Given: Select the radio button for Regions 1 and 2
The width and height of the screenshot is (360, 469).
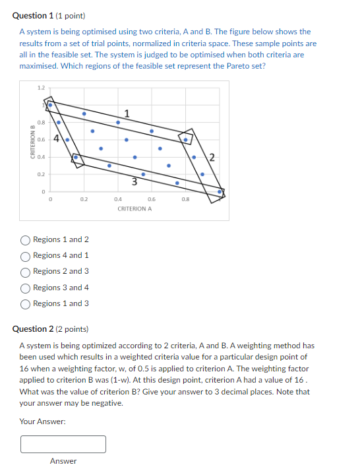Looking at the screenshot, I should pyautogui.click(x=26, y=239).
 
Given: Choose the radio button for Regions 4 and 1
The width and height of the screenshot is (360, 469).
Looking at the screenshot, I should pyautogui.click(x=26, y=255).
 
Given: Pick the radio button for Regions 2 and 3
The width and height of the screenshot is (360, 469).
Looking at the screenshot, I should pyautogui.click(x=26, y=271).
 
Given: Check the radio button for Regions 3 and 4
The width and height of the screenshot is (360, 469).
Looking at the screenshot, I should pyautogui.click(x=26, y=288).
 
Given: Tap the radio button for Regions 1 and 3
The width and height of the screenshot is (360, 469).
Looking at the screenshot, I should pyautogui.click(x=26, y=303).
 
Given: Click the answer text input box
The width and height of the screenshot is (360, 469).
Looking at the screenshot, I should pyautogui.click(x=63, y=444).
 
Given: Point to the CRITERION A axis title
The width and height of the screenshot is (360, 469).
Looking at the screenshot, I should pyautogui.click(x=135, y=208).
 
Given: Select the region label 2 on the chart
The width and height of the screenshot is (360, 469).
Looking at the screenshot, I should pyautogui.click(x=211, y=156).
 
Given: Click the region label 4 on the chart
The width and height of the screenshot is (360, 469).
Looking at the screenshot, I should pyautogui.click(x=57, y=139).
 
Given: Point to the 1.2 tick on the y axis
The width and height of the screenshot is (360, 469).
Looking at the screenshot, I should pyautogui.click(x=42, y=87).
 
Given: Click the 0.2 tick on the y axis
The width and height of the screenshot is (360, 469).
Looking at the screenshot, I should pyautogui.click(x=42, y=174).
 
